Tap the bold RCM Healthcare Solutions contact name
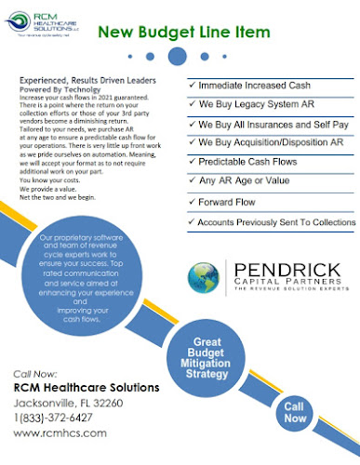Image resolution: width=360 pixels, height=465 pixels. point(85,387)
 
